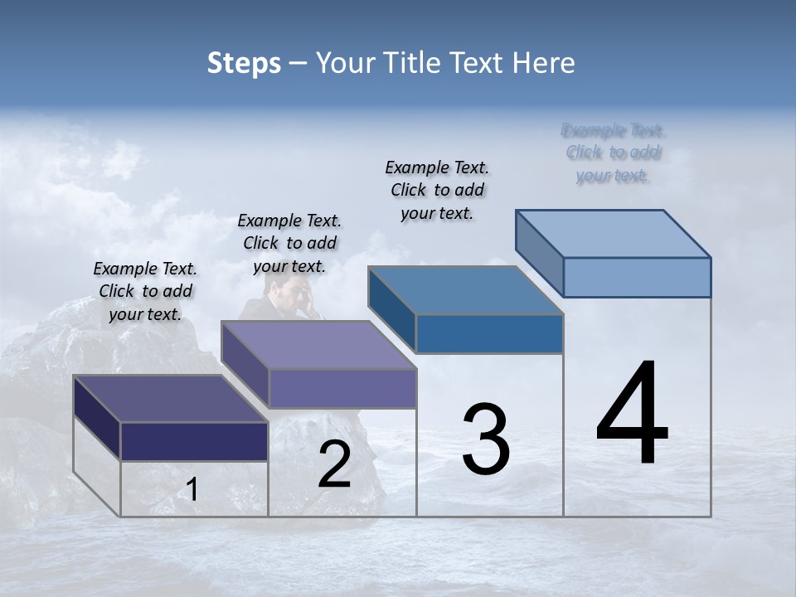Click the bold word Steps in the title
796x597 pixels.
[x=244, y=63]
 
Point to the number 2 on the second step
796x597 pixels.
[x=334, y=464]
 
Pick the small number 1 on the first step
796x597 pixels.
[x=192, y=490]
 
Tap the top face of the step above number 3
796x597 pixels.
[x=466, y=290]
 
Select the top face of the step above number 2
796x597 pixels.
[x=318, y=345]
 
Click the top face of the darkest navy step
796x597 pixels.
[x=171, y=399]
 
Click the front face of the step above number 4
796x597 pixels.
[x=637, y=277]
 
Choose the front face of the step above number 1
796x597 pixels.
[x=194, y=441]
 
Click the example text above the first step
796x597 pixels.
[x=145, y=291]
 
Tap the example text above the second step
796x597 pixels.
[x=289, y=243]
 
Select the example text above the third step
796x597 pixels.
[x=437, y=190]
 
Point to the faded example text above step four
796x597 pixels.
[x=614, y=153]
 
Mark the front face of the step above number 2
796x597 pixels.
[x=342, y=388]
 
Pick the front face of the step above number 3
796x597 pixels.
[x=489, y=333]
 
